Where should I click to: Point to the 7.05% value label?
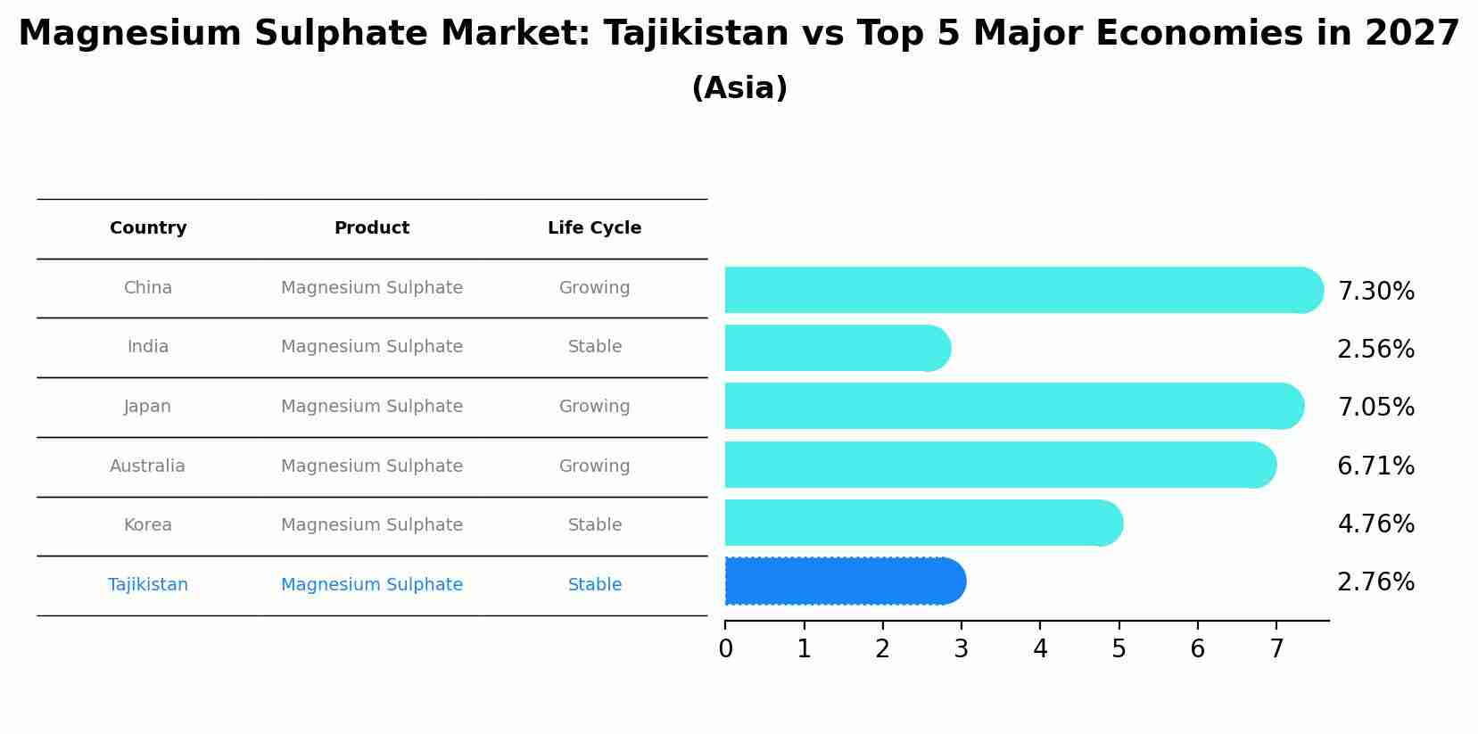(x=1375, y=408)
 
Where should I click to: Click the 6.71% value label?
(x=1375, y=466)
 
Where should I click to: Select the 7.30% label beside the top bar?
(x=1375, y=292)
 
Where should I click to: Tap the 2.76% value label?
(x=1375, y=582)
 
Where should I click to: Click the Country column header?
(x=148, y=228)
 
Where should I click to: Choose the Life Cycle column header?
(x=594, y=228)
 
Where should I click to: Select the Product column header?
(x=371, y=228)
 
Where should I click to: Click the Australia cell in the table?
(x=147, y=466)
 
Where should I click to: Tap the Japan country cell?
(x=147, y=407)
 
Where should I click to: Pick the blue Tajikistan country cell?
(x=147, y=585)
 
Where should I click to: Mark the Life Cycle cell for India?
(x=594, y=347)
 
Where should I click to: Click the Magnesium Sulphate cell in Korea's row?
(x=371, y=525)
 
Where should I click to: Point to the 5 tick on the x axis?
(x=1119, y=649)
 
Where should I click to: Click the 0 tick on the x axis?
(x=725, y=649)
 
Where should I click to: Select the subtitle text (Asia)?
(x=739, y=88)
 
